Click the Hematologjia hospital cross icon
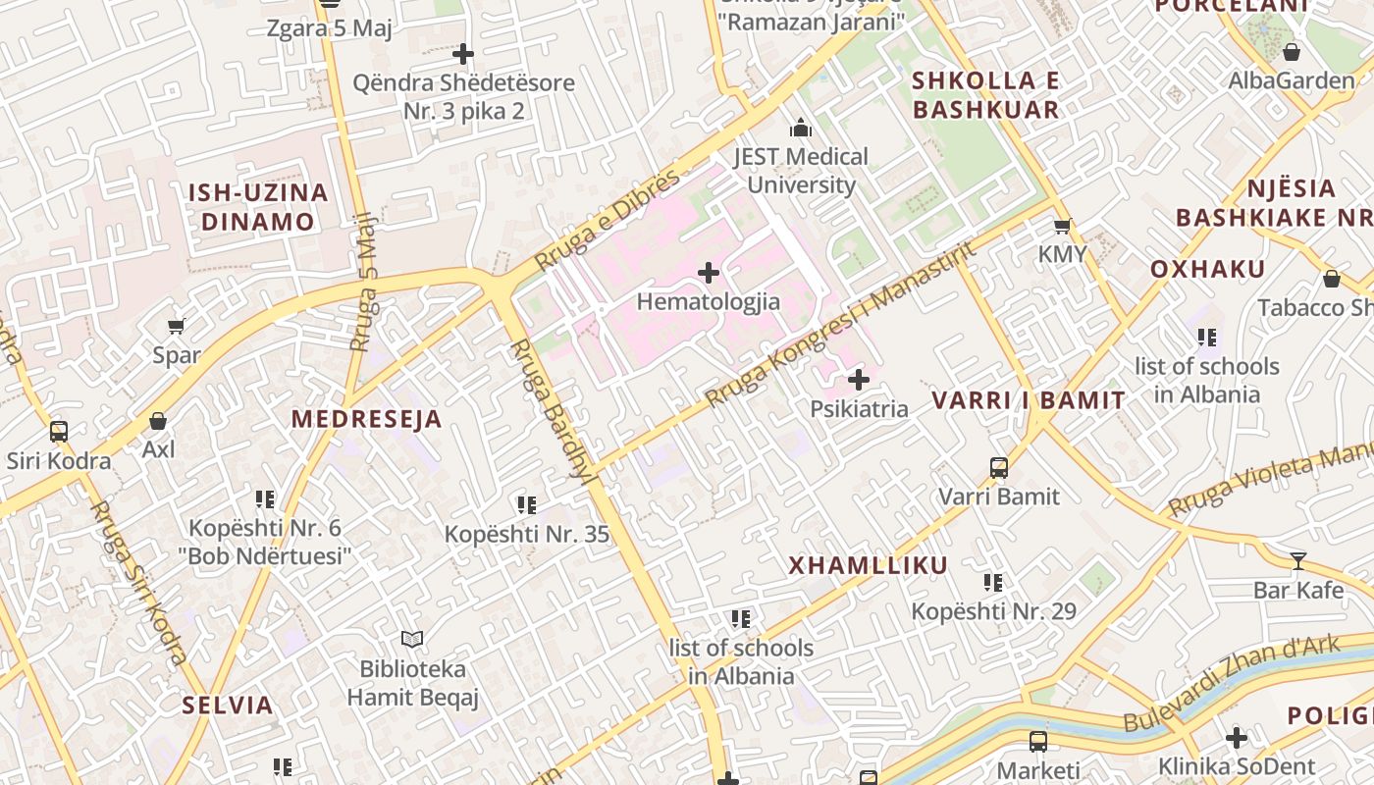point(709,273)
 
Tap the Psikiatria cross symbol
point(859,380)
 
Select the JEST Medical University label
point(801,170)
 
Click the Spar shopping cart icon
point(177,327)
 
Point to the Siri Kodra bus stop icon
point(59,432)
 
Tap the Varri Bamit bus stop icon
point(999,468)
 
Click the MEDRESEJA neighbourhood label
point(366,419)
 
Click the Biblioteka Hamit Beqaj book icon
point(412,640)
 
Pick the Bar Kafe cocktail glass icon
point(1298,561)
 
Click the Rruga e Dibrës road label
point(608,220)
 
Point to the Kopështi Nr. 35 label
point(527,535)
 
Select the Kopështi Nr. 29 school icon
point(993,583)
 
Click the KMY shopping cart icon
point(1062,227)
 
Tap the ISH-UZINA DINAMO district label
point(258,207)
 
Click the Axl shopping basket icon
point(158,421)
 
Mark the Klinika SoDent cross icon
point(1237,737)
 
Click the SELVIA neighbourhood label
point(228,705)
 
